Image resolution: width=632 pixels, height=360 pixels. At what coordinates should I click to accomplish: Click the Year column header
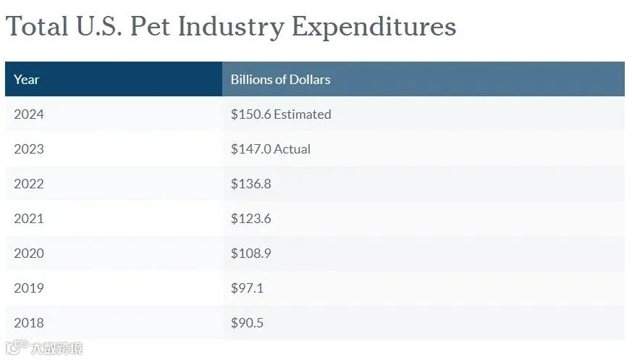[x=27, y=80]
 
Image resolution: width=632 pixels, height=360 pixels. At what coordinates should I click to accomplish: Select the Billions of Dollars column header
[x=281, y=80]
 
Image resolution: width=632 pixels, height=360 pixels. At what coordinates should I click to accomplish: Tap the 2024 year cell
[x=29, y=114]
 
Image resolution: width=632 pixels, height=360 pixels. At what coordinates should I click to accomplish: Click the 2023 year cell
[x=29, y=148]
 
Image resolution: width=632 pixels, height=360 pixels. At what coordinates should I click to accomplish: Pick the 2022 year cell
[x=29, y=183]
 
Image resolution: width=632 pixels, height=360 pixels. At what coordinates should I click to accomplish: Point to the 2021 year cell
[x=29, y=218]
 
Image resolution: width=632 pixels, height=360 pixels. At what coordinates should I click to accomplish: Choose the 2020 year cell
[x=29, y=254]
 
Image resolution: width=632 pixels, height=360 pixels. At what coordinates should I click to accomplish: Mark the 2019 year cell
[x=29, y=288]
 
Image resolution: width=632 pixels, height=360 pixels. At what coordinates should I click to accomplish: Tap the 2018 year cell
[x=29, y=322]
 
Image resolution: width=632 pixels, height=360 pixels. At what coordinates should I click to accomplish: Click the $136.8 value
[x=251, y=184]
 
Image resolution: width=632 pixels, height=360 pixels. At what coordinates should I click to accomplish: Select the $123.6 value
[x=251, y=219]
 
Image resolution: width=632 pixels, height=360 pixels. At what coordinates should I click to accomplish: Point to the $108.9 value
[x=251, y=254]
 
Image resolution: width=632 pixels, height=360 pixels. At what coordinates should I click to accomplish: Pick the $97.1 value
[x=247, y=288]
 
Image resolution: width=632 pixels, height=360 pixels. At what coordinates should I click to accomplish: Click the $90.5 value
[x=247, y=322]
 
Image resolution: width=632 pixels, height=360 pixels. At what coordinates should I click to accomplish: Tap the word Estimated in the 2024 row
[x=303, y=114]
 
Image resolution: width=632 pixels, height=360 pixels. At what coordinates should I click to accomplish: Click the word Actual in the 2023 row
[x=292, y=148]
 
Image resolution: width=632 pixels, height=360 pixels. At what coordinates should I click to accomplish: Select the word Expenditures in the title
[x=374, y=27]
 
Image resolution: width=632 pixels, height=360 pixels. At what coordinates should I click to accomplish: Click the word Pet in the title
[x=150, y=26]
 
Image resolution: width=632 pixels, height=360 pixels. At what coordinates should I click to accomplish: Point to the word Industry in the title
[x=231, y=27]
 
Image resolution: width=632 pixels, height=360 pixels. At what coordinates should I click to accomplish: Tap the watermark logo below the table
[x=44, y=348]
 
